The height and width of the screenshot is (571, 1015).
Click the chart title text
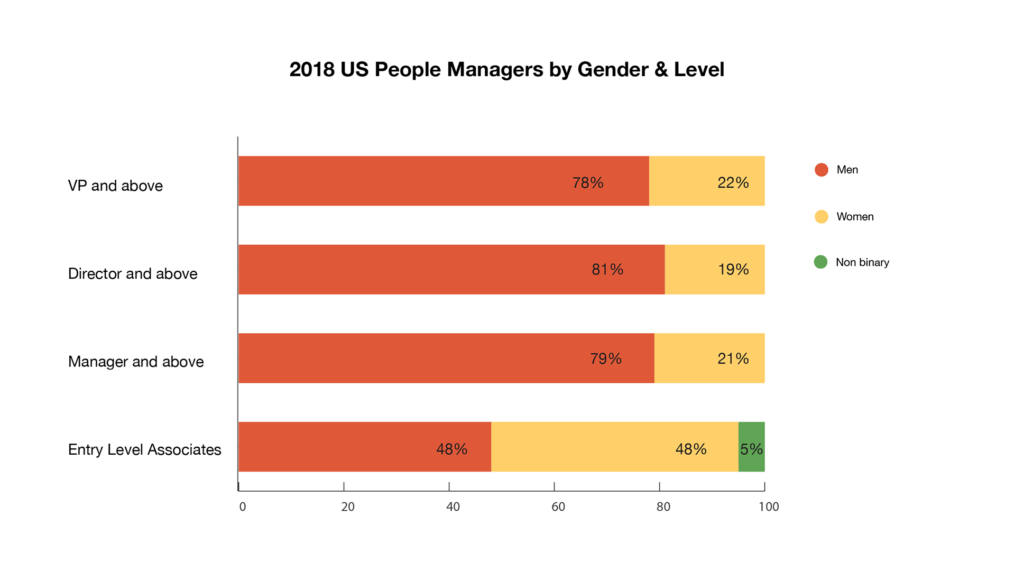(506, 69)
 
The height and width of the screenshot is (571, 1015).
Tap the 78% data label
(587, 183)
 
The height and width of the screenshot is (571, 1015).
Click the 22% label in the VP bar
(733, 183)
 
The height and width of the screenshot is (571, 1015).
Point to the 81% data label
(607, 270)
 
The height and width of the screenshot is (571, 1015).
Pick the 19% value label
(733, 270)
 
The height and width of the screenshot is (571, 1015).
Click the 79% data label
(605, 359)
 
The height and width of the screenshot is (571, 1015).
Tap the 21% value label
(733, 359)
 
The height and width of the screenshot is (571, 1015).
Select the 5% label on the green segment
(751, 449)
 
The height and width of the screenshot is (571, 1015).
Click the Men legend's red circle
(821, 170)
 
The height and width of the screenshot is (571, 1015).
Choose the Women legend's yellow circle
(821, 217)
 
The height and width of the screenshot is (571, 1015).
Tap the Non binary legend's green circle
(820, 262)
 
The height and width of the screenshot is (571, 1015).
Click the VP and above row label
(115, 186)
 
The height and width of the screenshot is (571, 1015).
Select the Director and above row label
(133, 274)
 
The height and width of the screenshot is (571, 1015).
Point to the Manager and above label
(136, 362)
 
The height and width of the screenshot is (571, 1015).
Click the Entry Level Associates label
(144, 450)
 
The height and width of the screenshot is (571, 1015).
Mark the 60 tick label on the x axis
(558, 507)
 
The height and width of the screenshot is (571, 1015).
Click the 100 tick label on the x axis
(769, 507)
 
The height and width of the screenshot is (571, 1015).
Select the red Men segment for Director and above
(412, 270)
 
